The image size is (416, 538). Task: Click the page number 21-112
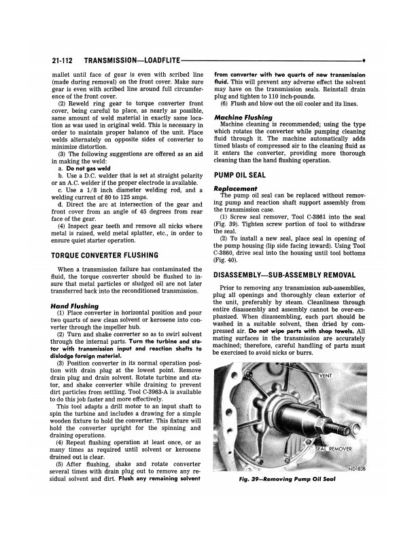tap(66, 60)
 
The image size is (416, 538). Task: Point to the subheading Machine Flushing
tap(243, 117)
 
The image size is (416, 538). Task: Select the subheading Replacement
tap(235, 188)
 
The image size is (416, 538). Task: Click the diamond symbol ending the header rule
tap(365, 60)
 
